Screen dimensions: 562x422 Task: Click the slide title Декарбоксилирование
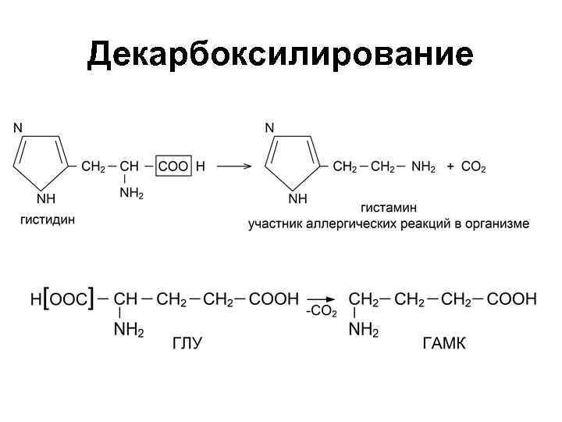[280, 55]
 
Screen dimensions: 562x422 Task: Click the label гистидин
[48, 220]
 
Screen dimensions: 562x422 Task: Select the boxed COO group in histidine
[173, 166]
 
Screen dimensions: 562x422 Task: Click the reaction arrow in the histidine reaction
[233, 166]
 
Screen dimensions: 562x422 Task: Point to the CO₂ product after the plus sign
[474, 167]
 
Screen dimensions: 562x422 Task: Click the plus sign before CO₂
[450, 166]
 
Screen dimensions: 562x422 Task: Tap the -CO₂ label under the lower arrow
[321, 312]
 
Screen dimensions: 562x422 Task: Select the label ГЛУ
[187, 345]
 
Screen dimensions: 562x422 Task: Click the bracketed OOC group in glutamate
[69, 299]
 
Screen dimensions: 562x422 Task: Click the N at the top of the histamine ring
[270, 127]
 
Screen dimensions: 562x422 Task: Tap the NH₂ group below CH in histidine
[132, 194]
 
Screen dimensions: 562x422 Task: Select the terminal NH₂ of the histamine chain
[424, 167]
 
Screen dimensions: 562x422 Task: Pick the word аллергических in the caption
[350, 224]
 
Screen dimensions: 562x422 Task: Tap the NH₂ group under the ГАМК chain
[363, 331]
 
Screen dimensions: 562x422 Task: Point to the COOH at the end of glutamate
[274, 299]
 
